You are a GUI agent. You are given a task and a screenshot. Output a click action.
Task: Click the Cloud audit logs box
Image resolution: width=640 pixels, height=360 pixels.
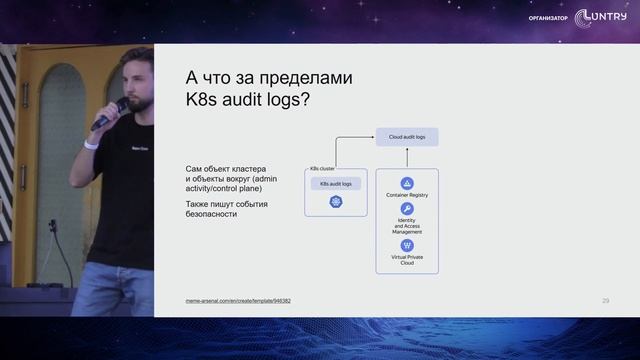pyautogui.click(x=407, y=136)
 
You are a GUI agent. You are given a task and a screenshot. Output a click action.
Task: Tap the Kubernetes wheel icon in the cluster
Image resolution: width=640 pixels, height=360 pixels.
pyautogui.click(x=336, y=203)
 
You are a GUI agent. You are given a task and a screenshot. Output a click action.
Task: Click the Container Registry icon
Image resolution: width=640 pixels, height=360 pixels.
pyautogui.click(x=407, y=184)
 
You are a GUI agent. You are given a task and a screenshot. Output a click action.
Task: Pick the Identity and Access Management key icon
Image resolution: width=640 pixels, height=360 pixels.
pyautogui.click(x=407, y=207)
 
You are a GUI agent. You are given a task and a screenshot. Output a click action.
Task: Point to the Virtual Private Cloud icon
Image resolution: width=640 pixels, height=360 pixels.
pyautogui.click(x=407, y=245)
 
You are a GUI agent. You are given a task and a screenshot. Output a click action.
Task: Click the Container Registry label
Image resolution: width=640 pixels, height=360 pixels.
pyautogui.click(x=407, y=196)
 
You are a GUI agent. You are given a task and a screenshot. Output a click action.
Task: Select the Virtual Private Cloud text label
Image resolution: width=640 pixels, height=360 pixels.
pyautogui.click(x=407, y=260)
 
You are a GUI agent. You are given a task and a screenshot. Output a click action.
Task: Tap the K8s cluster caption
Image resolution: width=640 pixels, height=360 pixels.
pyautogui.click(x=322, y=168)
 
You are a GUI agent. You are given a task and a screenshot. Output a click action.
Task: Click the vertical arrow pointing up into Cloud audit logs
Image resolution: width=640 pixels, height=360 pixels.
pyautogui.click(x=407, y=157)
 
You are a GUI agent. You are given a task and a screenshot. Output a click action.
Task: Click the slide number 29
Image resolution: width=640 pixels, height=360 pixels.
pyautogui.click(x=606, y=300)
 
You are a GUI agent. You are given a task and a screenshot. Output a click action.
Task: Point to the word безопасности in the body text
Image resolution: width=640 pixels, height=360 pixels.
pyautogui.click(x=212, y=214)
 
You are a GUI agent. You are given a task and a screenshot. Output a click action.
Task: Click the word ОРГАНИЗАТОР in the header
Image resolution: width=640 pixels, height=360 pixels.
pyautogui.click(x=548, y=18)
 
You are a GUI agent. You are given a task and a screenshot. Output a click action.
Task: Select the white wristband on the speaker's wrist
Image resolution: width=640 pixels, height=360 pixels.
pyautogui.click(x=91, y=144)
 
